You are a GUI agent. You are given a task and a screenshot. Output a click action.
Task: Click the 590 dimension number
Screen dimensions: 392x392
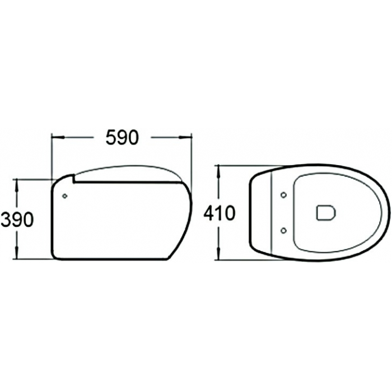click(122, 138)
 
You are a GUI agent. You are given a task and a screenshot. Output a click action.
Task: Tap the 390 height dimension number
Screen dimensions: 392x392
click(17, 220)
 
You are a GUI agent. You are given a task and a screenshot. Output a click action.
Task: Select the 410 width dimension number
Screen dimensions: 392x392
click(220, 213)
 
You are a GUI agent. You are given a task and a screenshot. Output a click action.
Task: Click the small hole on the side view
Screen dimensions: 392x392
click(65, 196)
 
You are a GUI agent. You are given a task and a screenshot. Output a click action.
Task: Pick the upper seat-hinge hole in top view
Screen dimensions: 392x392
click(283, 195)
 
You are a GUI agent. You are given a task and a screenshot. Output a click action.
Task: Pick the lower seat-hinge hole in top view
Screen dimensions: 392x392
click(283, 231)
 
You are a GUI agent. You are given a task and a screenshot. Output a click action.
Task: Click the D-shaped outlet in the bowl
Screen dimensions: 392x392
click(326, 213)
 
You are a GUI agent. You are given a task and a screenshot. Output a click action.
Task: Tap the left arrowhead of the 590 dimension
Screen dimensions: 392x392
click(58, 137)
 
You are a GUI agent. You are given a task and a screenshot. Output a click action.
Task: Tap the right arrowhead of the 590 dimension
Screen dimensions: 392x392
click(185, 137)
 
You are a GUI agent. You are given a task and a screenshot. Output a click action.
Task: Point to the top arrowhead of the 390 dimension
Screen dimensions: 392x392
click(17, 185)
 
